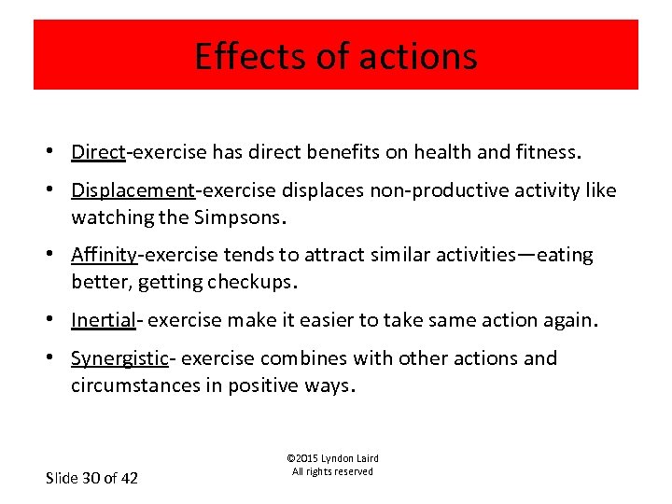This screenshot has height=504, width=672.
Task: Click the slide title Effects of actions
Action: coord(335,56)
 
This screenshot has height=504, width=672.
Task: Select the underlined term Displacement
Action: coord(133,190)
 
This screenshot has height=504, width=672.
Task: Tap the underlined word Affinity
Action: coord(105,255)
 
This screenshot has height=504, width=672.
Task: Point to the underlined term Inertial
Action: coord(103,320)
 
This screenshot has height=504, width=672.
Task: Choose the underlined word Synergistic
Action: coord(119,358)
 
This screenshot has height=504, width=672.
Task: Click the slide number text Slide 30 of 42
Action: coord(91,478)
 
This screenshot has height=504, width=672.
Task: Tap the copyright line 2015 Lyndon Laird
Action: coord(332,458)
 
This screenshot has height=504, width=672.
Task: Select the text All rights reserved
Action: coord(332,472)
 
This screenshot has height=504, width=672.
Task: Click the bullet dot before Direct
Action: coord(58,152)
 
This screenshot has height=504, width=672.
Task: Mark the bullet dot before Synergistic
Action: coord(58,358)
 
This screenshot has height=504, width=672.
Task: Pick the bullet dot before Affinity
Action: coord(58,255)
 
